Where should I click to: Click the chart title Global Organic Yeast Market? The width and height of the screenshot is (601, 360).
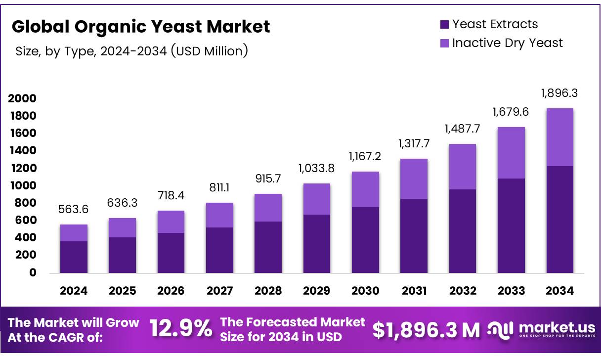[x=141, y=27]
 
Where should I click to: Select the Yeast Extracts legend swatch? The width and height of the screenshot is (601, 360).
[x=444, y=24]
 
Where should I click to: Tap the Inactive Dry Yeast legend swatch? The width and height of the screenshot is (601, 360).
[x=444, y=43]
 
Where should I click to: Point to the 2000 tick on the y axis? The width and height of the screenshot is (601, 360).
[x=22, y=98]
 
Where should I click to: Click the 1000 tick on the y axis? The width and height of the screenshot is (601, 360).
[x=22, y=185]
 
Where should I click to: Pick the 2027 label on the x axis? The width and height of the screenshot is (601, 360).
[x=219, y=291]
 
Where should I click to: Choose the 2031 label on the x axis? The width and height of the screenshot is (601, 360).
[x=414, y=291]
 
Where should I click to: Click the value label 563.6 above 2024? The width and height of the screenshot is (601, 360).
[x=74, y=210]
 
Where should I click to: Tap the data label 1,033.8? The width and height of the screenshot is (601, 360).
[x=316, y=168]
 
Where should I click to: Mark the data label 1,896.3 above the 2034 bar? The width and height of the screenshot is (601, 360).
[x=559, y=93]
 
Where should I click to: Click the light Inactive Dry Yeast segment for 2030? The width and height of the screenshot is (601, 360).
[x=365, y=189]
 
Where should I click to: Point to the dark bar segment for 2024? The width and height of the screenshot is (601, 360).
[x=74, y=257]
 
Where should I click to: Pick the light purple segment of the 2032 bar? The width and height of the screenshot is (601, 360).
[x=462, y=167]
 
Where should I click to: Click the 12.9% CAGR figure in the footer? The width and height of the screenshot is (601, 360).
[x=180, y=329]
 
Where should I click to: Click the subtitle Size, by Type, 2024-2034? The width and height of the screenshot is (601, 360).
[x=131, y=50]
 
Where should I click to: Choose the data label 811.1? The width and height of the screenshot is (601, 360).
[x=219, y=188]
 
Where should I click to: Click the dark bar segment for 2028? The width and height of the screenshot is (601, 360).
[x=268, y=247]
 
